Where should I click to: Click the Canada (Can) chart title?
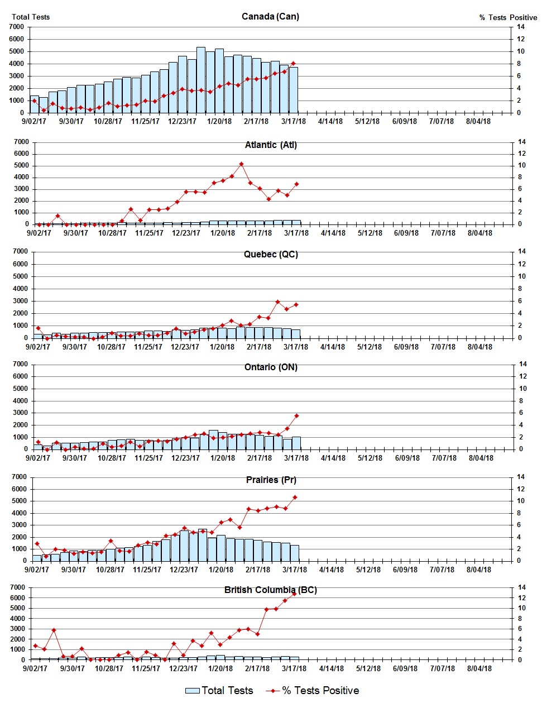[x=270, y=16]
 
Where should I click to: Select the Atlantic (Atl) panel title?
[x=271, y=145]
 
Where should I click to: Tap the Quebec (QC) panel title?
[x=271, y=254]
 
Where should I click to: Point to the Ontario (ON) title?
[x=271, y=367]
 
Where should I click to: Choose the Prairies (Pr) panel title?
[x=271, y=480]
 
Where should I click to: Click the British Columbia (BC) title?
[x=271, y=590]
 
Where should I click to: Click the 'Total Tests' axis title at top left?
[x=31, y=17]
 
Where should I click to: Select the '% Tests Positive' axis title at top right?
[x=508, y=17]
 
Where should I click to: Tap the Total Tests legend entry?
[x=219, y=691]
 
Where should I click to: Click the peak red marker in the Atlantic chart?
[x=241, y=164]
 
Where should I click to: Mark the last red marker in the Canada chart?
[x=294, y=64]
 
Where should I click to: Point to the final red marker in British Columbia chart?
[x=294, y=594]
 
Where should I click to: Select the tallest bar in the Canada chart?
[x=201, y=80]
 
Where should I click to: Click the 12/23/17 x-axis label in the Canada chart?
[x=183, y=121]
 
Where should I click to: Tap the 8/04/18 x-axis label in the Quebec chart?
[x=479, y=347]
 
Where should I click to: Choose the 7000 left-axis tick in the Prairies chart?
[x=19, y=477]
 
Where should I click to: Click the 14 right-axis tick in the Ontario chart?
[x=522, y=364]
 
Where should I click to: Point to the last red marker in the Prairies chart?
[x=295, y=497]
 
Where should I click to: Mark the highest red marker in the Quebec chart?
[x=277, y=302]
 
